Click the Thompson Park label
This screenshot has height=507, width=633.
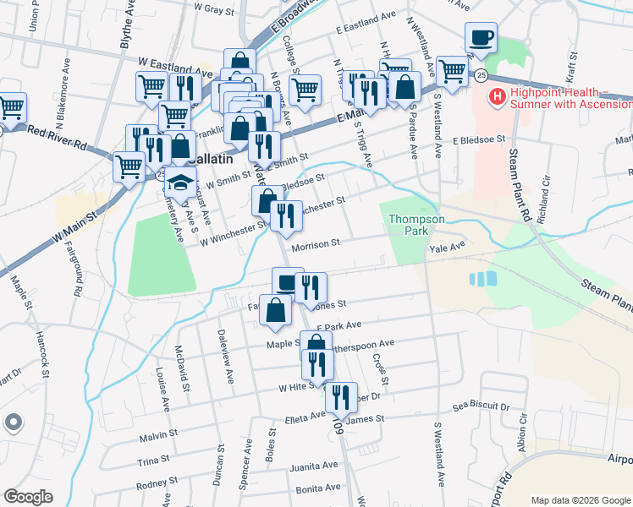(416, 224)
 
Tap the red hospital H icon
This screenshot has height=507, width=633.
(497, 99)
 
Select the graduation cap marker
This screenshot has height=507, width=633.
(179, 182)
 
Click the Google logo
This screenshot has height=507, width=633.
(28, 497)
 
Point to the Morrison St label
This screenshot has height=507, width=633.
(316, 243)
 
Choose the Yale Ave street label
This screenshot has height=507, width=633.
(448, 247)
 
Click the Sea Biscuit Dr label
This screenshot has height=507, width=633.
(481, 407)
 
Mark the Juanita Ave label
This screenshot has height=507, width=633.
(313, 466)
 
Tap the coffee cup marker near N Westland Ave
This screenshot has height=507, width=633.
(481, 37)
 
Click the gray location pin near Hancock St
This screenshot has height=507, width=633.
(13, 422)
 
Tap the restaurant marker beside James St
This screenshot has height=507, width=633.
(340, 397)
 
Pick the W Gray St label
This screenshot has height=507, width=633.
(213, 8)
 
